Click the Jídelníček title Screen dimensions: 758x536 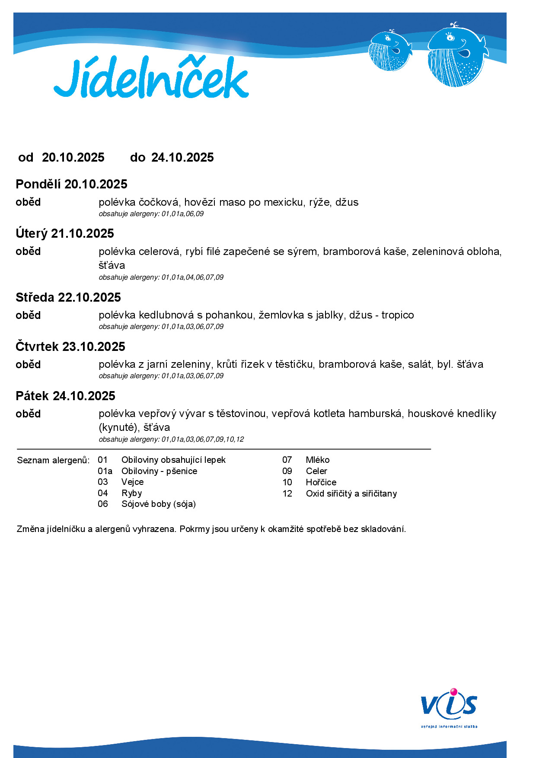click(151, 78)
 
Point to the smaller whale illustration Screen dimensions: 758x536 click(390, 51)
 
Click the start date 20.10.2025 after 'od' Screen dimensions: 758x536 click(73, 157)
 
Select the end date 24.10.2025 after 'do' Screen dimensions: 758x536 click(182, 157)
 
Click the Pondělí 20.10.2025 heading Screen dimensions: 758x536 click(71, 184)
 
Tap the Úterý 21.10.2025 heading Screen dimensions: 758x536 click(65, 233)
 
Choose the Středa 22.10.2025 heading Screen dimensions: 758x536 click(68, 297)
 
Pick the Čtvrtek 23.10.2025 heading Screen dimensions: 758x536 click(70, 347)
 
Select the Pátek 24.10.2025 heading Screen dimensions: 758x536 click(65, 396)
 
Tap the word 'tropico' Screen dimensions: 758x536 click(398, 315)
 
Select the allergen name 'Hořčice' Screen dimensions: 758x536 click(321, 482)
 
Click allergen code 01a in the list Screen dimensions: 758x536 click(105, 471)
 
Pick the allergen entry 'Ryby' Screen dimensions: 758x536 click(132, 493)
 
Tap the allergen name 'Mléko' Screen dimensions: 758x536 click(318, 460)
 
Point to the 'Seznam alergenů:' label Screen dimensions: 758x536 click(53, 460)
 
